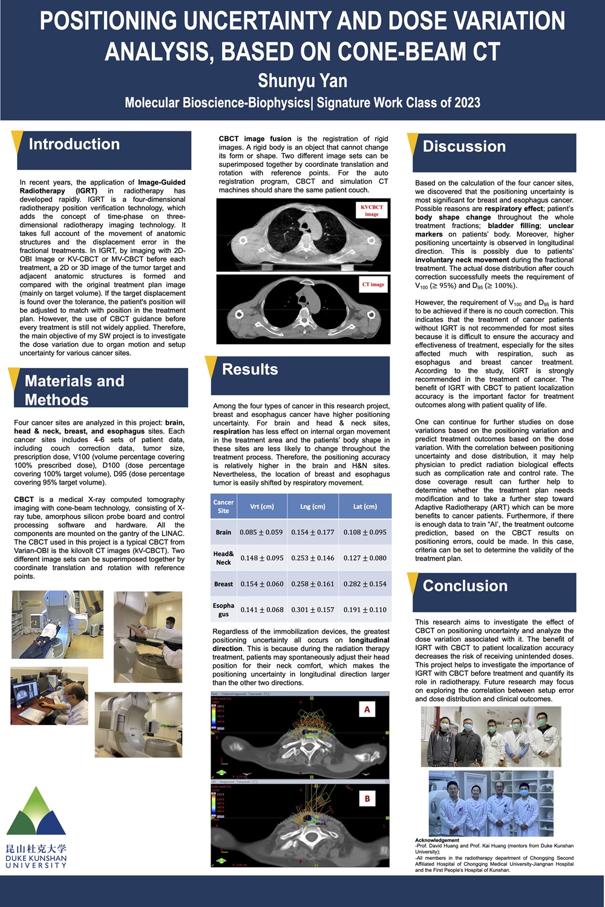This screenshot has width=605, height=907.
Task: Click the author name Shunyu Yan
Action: click(302, 80)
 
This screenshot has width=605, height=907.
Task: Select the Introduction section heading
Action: click(74, 144)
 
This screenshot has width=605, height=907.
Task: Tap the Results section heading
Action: click(250, 369)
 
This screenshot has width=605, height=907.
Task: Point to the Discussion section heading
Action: click(464, 146)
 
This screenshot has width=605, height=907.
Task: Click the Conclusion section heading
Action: click(465, 586)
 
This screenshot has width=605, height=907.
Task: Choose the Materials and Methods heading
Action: click(74, 390)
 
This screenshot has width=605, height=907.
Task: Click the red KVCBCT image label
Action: click(371, 210)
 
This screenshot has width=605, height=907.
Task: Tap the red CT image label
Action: click(373, 284)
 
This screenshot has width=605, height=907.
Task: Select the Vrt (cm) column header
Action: click(262, 506)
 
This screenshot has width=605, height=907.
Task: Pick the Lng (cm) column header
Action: click(313, 506)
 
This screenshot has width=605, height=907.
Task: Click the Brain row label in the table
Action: click(223, 532)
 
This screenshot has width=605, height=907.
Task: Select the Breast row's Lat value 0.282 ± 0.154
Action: click(365, 584)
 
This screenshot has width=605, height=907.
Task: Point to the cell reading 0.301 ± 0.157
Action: click(313, 610)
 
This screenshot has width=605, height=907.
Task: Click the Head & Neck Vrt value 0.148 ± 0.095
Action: click(262, 558)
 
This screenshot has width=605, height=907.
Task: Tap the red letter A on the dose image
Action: click(367, 709)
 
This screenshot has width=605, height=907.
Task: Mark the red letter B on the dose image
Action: click(367, 799)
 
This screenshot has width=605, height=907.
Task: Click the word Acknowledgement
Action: click(437, 840)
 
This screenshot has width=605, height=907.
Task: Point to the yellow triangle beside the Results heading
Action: click(211, 366)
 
